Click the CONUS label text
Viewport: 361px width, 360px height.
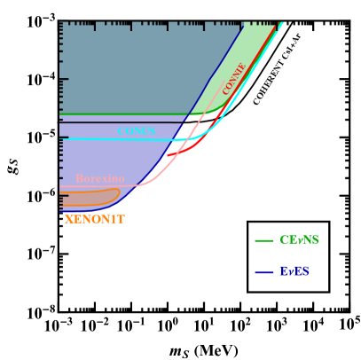[x=136, y=131]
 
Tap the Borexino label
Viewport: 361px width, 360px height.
[x=99, y=178]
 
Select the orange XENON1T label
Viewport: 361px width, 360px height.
[x=95, y=219]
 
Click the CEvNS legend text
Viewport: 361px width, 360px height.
[x=299, y=240]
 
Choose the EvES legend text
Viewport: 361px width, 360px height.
[x=294, y=271]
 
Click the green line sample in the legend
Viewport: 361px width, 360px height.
[x=264, y=240]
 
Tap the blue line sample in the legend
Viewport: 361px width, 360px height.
[x=264, y=272]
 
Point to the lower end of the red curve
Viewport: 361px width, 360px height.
[x=168, y=156]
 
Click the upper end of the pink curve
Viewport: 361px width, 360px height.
[x=224, y=82]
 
